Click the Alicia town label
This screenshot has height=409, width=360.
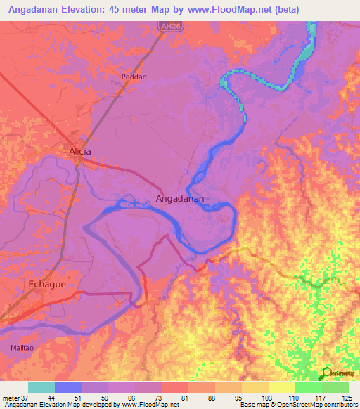click(79, 151)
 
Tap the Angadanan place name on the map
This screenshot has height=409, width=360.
click(179, 199)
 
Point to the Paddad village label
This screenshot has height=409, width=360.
click(134, 77)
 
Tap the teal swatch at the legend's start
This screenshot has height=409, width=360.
click(41, 387)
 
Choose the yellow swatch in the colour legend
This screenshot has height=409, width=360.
click(281, 387)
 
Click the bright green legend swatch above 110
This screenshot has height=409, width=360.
click(308, 387)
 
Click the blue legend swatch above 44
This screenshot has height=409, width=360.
click(68, 387)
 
